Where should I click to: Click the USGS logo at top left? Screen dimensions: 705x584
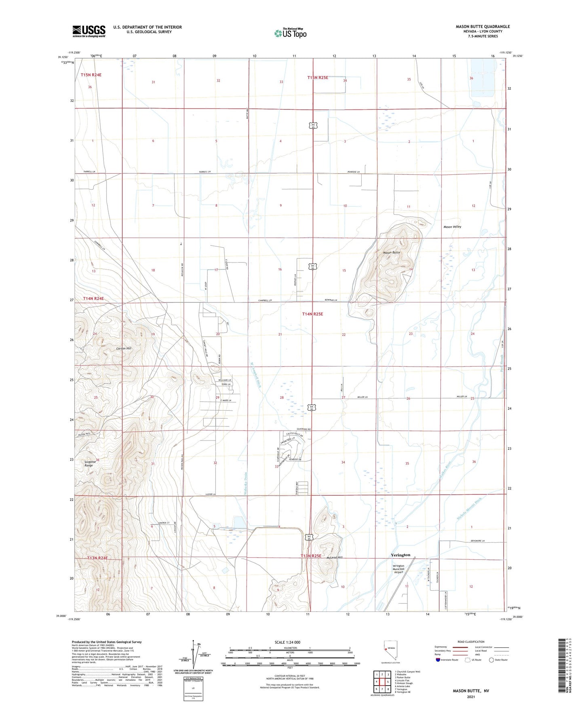[89, 31]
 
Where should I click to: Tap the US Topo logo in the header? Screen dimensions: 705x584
[290, 33]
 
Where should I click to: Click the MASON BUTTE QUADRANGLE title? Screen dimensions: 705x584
[483, 27]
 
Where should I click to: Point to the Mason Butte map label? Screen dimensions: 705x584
[391, 252]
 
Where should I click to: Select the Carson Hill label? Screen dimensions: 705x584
[124, 348]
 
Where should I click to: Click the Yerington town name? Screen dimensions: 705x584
[401, 555]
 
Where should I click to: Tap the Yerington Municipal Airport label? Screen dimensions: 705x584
[398, 569]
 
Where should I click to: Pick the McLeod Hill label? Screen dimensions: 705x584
[334, 557]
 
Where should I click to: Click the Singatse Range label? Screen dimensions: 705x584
[89, 464]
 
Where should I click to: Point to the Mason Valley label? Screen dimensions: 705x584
[452, 227]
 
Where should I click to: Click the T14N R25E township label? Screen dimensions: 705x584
[312, 314]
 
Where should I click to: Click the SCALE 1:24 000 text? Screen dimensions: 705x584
[287, 642]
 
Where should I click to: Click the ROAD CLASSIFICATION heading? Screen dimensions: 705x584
[471, 642]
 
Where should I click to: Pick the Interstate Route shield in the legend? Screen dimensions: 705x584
[439, 660]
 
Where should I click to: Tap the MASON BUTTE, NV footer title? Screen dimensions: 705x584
[470, 691]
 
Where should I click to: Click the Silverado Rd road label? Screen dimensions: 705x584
[304, 429]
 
